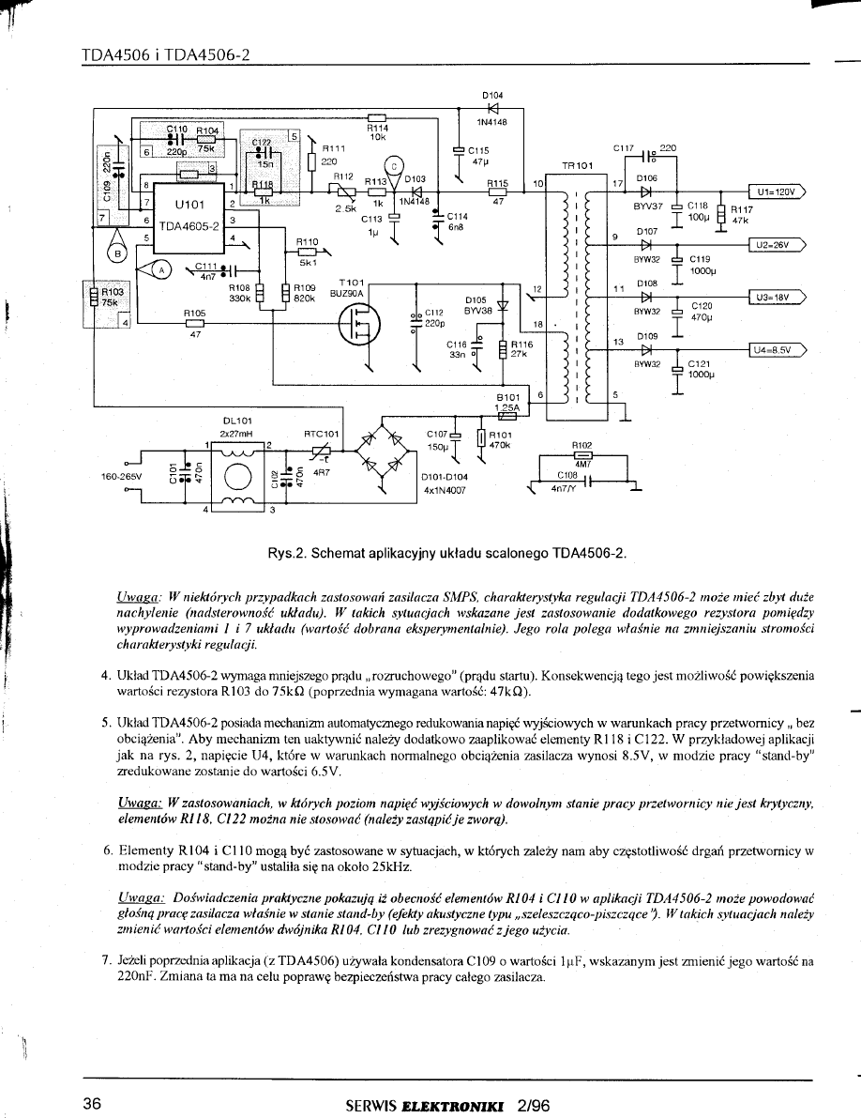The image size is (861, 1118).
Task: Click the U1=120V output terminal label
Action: point(775,191)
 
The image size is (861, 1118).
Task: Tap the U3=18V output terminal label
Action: point(775,298)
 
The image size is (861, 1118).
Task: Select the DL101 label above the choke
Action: point(235,421)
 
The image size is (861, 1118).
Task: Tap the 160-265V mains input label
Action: point(122,477)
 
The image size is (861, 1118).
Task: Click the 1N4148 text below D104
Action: point(491,120)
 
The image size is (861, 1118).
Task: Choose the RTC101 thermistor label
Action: point(321,434)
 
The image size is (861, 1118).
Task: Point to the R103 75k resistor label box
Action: point(98,297)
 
